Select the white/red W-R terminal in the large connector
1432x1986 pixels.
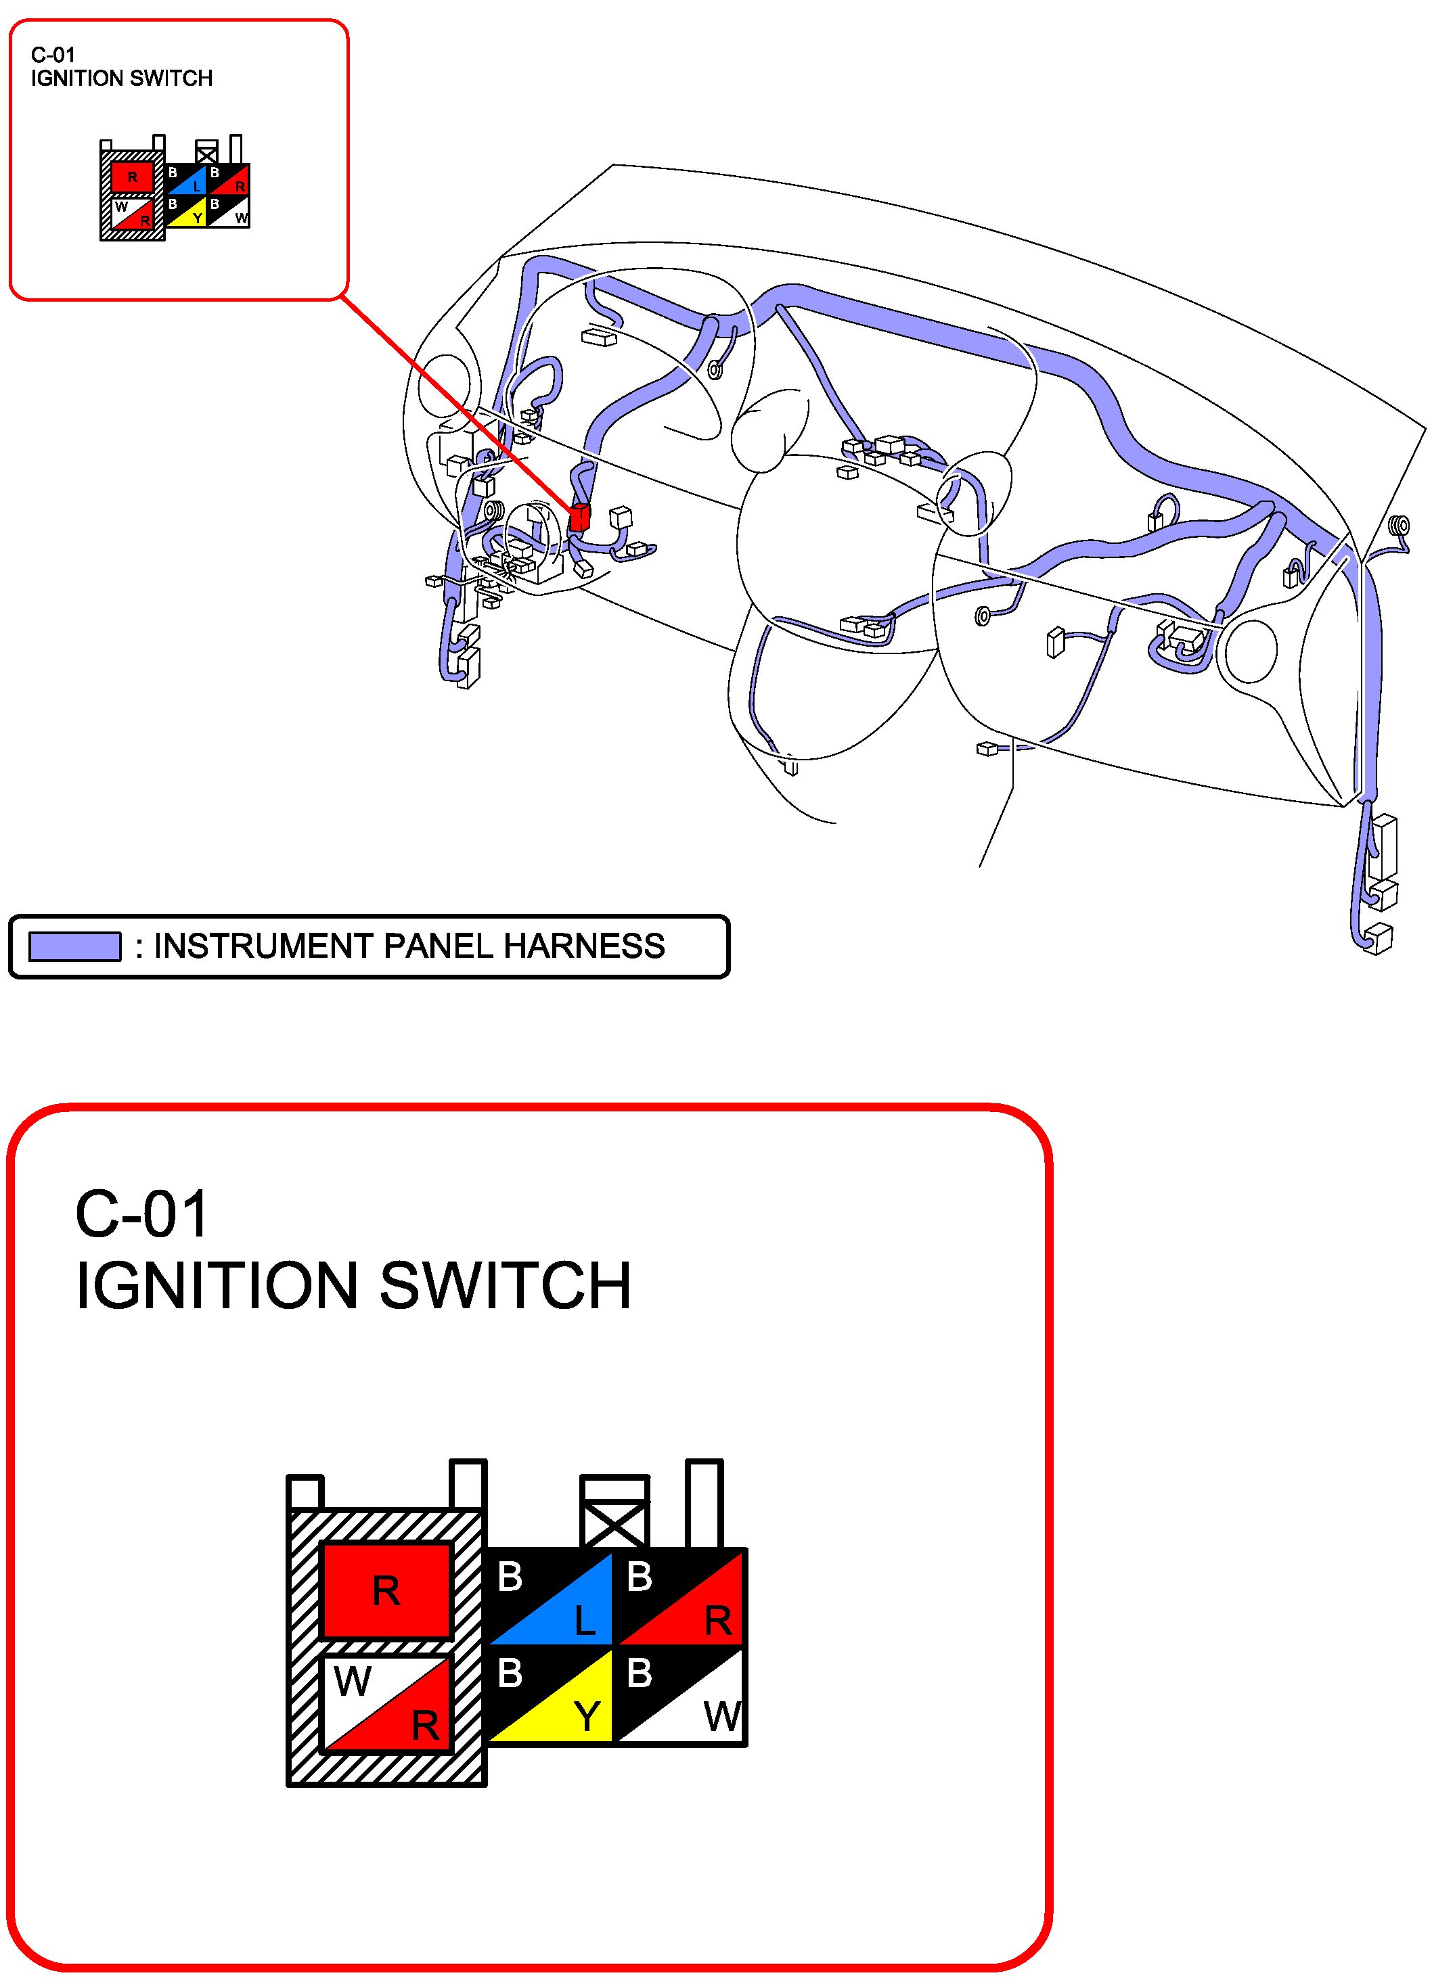point(386,1703)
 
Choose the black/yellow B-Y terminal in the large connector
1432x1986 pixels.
point(549,1695)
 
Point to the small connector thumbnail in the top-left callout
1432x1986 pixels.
point(175,188)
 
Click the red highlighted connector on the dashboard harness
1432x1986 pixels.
point(579,517)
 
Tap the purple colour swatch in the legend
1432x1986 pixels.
point(74,946)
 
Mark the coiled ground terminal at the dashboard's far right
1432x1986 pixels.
point(1400,526)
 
